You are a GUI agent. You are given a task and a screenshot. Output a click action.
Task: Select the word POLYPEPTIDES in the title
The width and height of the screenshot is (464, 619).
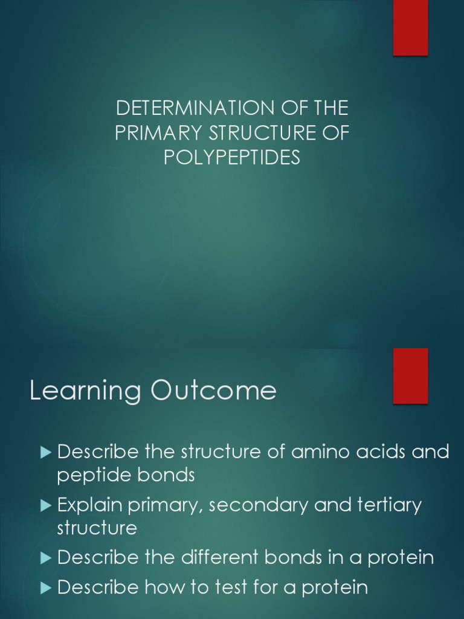[232, 158]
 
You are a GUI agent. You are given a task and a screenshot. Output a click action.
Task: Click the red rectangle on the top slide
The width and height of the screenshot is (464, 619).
[411, 27]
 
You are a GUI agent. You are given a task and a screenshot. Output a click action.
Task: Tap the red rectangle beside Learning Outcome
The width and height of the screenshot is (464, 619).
[411, 375]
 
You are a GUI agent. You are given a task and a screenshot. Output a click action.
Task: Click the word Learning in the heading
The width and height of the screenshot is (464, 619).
[85, 391]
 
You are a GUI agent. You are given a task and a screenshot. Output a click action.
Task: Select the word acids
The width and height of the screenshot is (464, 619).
[383, 452]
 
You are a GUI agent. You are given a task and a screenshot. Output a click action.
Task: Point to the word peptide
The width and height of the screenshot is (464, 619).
[94, 476]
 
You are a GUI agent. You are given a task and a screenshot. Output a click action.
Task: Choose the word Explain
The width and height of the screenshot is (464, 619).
[89, 505]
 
